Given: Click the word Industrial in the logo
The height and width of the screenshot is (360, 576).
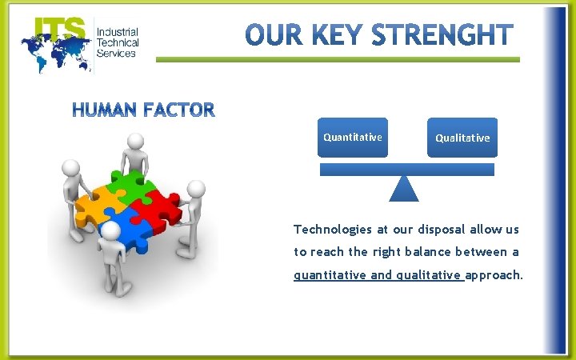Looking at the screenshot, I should [x=118, y=32].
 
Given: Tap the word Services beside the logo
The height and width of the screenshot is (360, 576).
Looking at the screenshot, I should [x=116, y=54].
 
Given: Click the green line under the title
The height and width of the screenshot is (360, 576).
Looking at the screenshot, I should [x=337, y=59].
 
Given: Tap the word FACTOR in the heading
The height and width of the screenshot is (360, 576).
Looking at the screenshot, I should [x=175, y=110].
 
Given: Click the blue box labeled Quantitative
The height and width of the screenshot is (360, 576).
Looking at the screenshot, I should [x=352, y=137].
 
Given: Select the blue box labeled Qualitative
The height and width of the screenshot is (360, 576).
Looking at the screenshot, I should [x=462, y=138].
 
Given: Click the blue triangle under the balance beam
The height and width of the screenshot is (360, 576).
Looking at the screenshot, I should [x=404, y=189].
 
